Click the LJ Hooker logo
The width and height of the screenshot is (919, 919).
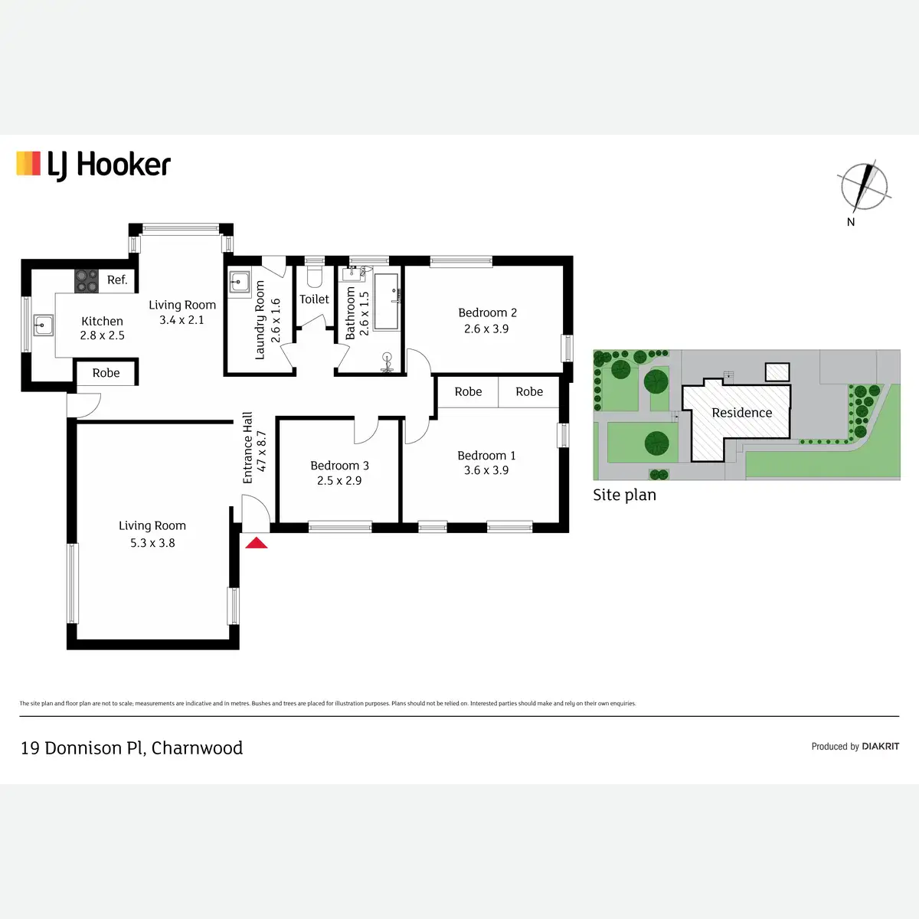[93, 165]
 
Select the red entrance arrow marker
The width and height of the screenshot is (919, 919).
[256, 543]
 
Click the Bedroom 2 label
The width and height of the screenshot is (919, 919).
[487, 312]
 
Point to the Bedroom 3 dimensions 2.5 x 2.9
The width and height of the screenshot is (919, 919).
[339, 481]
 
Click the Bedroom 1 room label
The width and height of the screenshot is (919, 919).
[486, 456]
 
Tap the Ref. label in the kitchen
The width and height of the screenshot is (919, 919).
[117, 280]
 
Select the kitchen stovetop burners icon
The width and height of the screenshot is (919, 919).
[87, 281]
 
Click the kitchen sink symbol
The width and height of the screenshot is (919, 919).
[43, 325]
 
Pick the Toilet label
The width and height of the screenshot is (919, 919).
[314, 299]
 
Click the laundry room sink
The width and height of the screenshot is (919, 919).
[240, 282]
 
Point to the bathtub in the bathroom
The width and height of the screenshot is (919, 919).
[386, 301]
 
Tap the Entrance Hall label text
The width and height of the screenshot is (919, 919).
[247, 448]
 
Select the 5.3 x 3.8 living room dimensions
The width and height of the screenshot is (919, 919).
[152, 543]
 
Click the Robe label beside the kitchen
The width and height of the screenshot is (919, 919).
[106, 373]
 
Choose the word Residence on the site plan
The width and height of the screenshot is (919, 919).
[741, 413]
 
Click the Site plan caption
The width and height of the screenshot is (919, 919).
[624, 495]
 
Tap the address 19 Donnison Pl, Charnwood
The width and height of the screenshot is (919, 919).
[132, 747]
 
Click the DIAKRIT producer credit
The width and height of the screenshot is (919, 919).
[880, 746]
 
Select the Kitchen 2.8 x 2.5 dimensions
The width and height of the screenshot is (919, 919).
[102, 335]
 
